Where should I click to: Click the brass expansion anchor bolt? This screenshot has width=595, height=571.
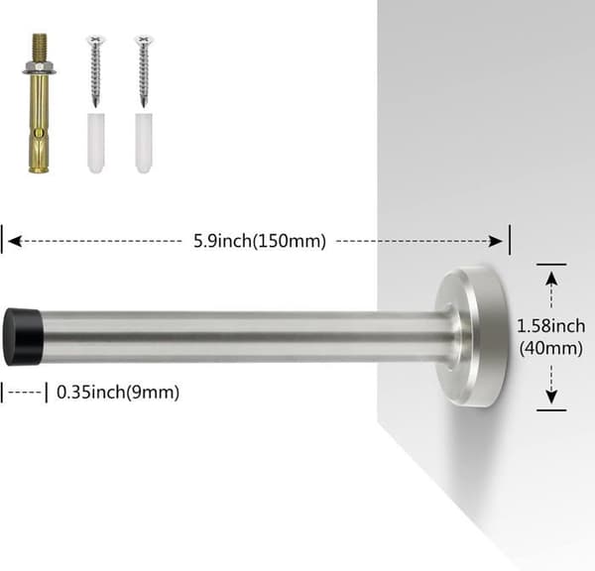[39, 103]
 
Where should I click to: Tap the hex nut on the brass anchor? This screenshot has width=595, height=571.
[39, 68]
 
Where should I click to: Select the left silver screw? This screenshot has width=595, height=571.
[95, 71]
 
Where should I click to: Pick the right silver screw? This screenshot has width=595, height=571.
[144, 71]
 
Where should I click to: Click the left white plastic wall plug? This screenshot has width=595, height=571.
[96, 143]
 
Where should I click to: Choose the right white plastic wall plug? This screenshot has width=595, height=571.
[144, 143]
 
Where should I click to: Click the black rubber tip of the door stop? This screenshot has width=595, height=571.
[23, 337]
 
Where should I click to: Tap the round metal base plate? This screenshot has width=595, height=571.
[471, 336]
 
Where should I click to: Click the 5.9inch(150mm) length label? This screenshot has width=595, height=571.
[260, 241]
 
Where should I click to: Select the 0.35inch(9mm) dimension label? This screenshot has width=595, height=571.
[118, 393]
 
